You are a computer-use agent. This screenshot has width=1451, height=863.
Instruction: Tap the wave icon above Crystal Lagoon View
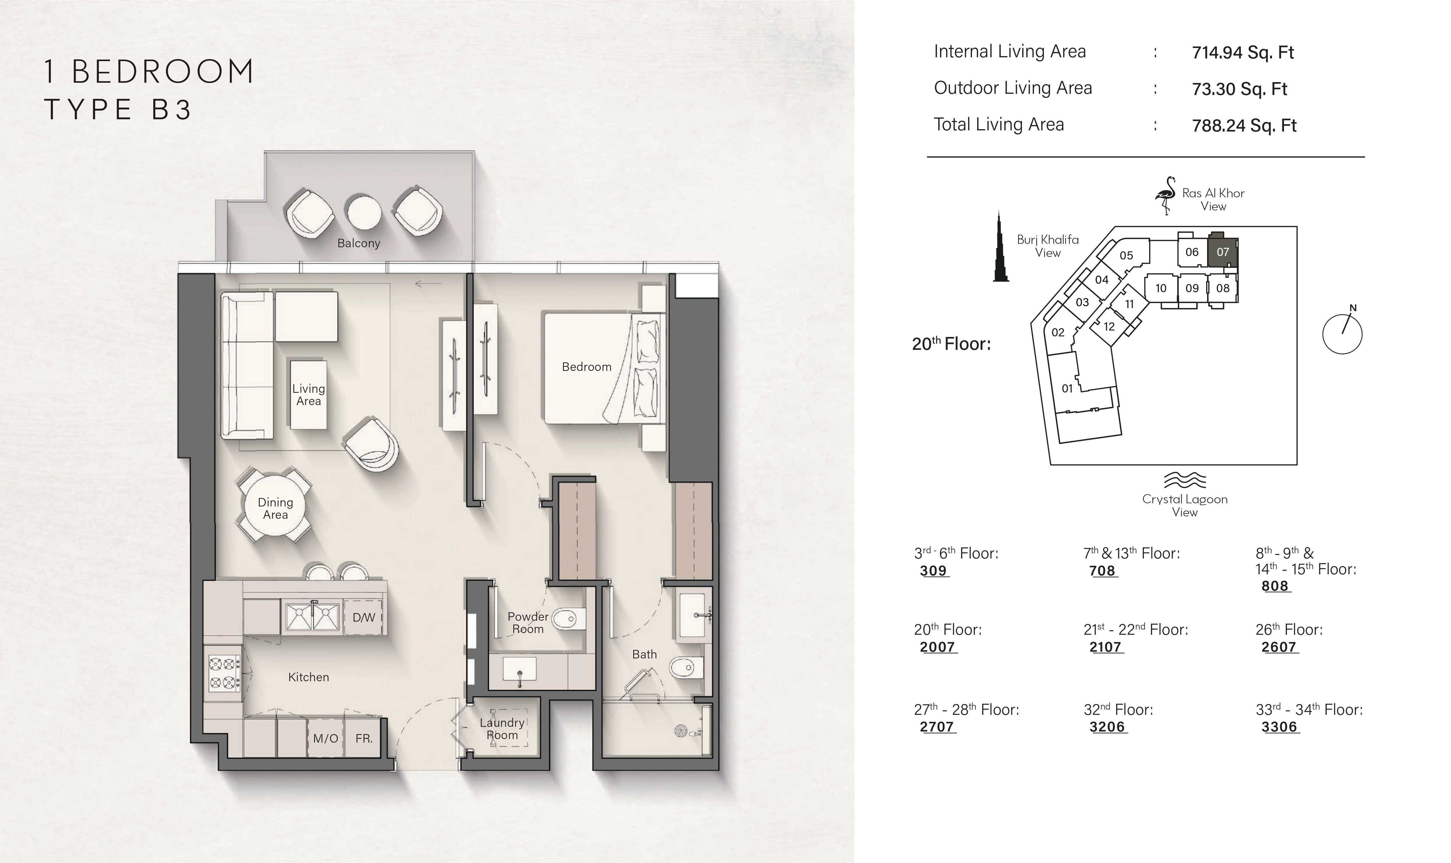1185,480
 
